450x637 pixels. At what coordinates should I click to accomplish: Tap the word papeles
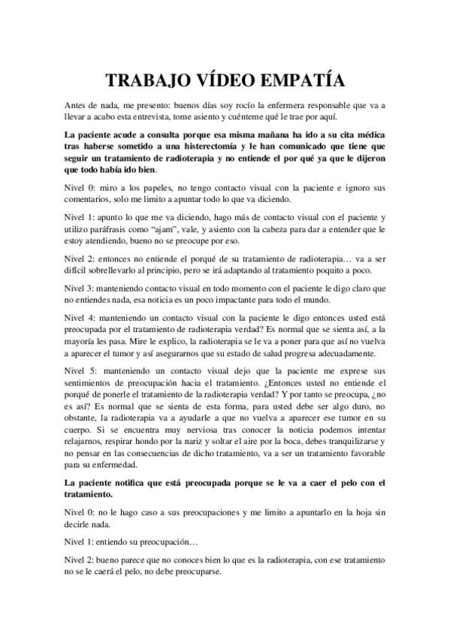[x=146, y=187]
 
